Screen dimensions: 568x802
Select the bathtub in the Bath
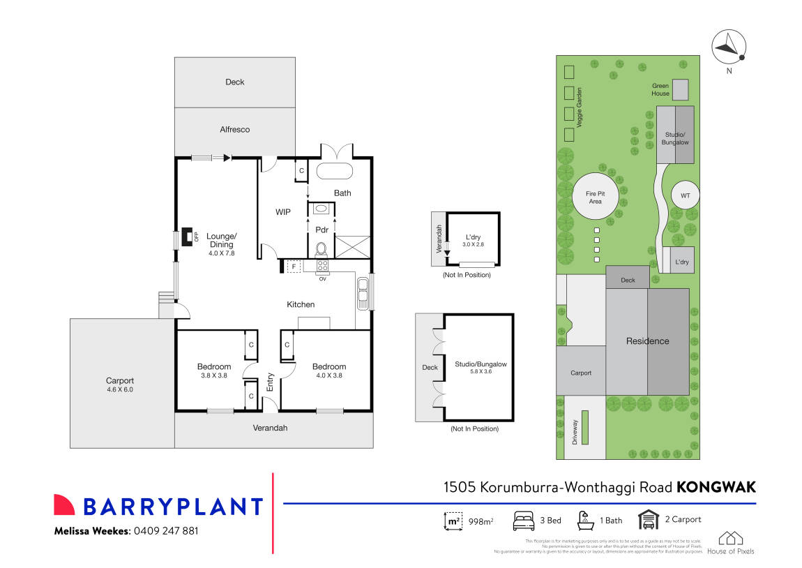tap(335, 172)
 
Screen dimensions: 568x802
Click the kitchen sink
tap(363, 294)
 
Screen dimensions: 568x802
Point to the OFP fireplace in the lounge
tap(188, 237)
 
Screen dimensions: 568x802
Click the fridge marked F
tap(294, 267)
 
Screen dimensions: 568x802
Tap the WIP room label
tap(282, 211)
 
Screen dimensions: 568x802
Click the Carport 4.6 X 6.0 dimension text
tap(119, 389)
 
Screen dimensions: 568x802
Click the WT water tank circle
tap(685, 196)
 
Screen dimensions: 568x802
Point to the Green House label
tap(660, 89)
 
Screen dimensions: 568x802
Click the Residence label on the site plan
tap(647, 341)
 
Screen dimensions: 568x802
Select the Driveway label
tap(575, 432)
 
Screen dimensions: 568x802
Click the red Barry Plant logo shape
tap(64, 505)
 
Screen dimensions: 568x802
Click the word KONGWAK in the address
tap(716, 487)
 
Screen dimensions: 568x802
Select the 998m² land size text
tap(481, 521)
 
